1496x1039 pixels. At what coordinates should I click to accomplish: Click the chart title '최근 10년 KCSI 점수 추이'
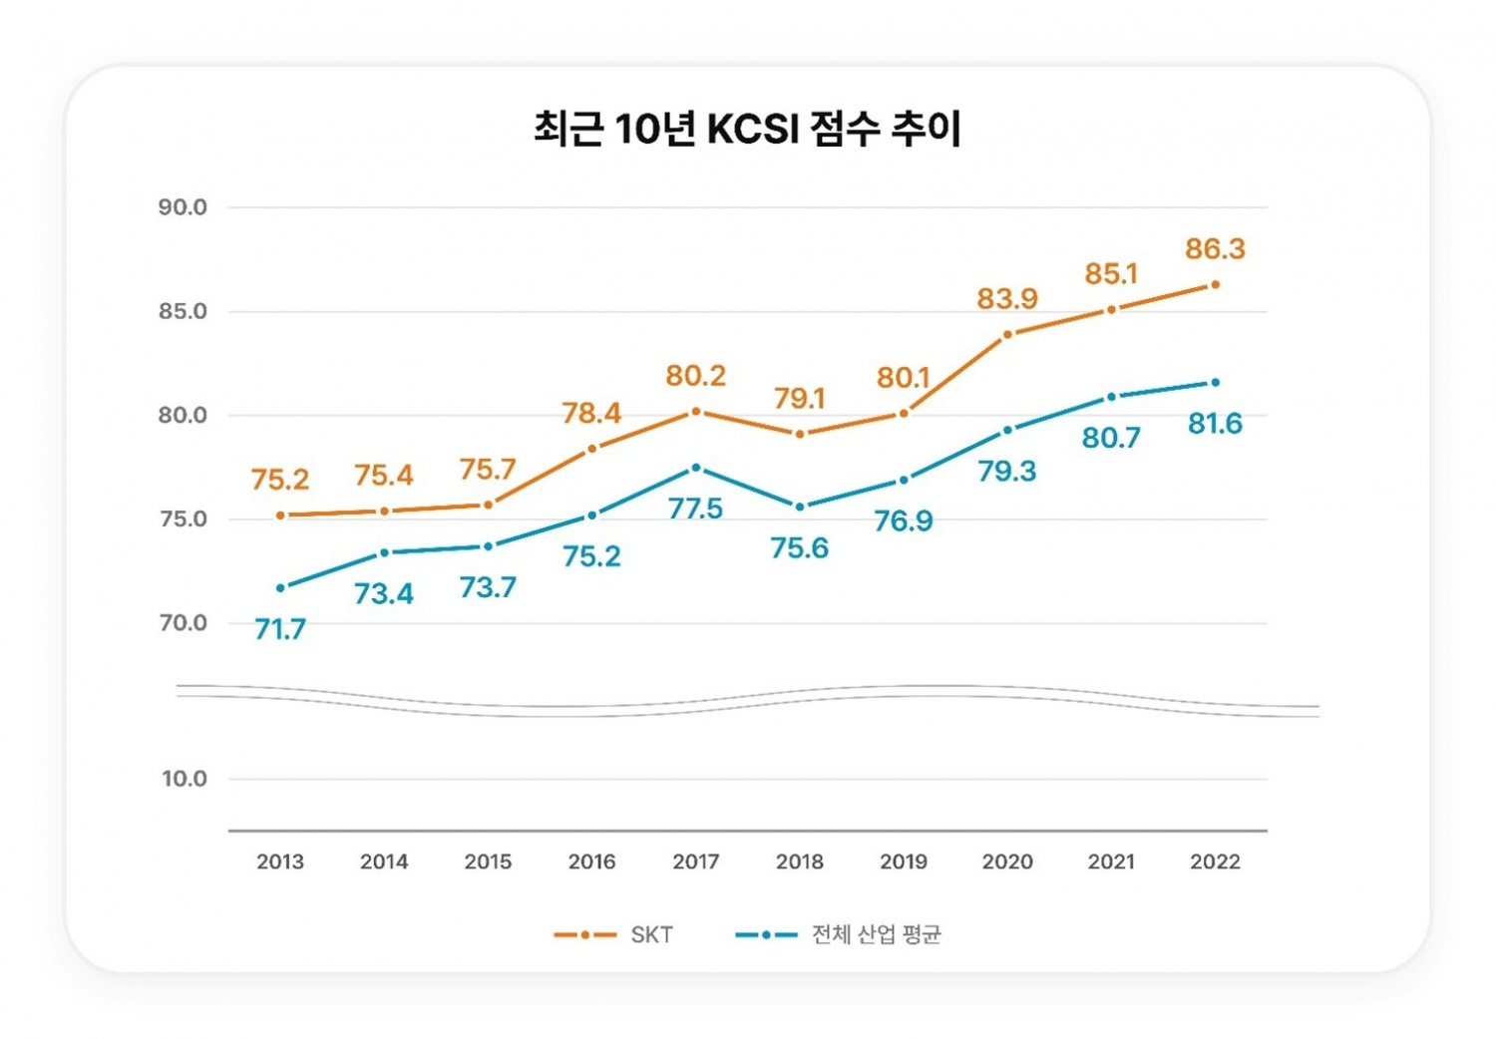[x=747, y=129]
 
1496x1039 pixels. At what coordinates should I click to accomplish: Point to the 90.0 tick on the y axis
[x=183, y=207]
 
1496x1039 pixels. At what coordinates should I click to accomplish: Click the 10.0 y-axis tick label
[x=185, y=779]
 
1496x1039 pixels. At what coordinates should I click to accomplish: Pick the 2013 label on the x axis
[x=280, y=862]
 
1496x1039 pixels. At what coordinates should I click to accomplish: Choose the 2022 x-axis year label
[x=1215, y=862]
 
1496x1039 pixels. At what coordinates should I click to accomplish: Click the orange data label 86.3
[x=1215, y=248]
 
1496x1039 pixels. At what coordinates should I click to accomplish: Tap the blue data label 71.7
[x=280, y=629]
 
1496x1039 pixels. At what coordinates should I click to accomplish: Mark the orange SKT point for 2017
[x=696, y=411]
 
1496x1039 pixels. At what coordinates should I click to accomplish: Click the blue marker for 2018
[x=800, y=507]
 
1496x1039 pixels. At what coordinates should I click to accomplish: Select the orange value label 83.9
[x=1007, y=298]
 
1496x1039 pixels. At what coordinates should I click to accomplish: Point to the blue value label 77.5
[x=696, y=509]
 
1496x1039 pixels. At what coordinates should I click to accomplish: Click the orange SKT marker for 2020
[x=1007, y=334]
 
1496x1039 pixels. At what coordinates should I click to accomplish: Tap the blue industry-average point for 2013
[x=280, y=587]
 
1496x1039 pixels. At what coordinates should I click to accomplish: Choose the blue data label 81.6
[x=1215, y=424]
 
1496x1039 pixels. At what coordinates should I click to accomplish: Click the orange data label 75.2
[x=280, y=480]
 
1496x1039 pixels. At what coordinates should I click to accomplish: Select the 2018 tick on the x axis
[x=800, y=862]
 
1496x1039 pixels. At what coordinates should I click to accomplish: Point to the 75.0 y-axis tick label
[x=183, y=519]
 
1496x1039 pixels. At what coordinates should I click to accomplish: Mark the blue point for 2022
[x=1215, y=382]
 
